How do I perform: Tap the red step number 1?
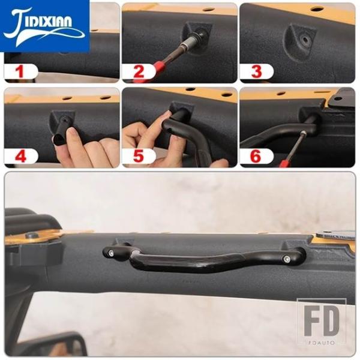point(20,71)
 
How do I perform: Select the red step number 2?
point(139,71)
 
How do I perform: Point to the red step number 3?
point(256,71)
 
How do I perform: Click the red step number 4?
point(20,156)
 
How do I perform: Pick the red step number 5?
point(138,156)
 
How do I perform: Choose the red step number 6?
point(256,156)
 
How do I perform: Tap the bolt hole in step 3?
point(305,39)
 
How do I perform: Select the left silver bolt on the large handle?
point(112,253)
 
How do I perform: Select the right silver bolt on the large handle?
point(286,259)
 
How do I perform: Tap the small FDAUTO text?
point(321,343)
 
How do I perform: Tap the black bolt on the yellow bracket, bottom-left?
point(31,235)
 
